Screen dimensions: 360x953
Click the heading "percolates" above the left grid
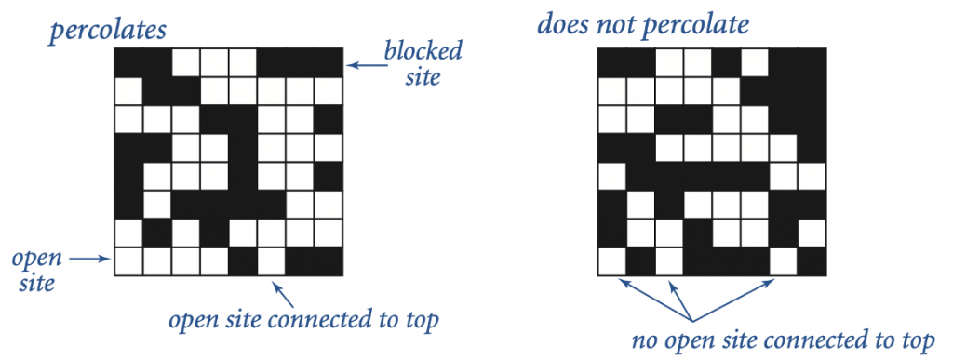tap(108, 29)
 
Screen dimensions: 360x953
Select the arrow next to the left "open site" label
tap(90, 260)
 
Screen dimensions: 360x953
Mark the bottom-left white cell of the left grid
tap(128, 262)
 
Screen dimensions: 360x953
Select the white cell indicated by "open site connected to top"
tap(271, 262)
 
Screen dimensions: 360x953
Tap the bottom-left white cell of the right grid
tap(611, 262)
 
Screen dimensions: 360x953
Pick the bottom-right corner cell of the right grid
tap(812, 262)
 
